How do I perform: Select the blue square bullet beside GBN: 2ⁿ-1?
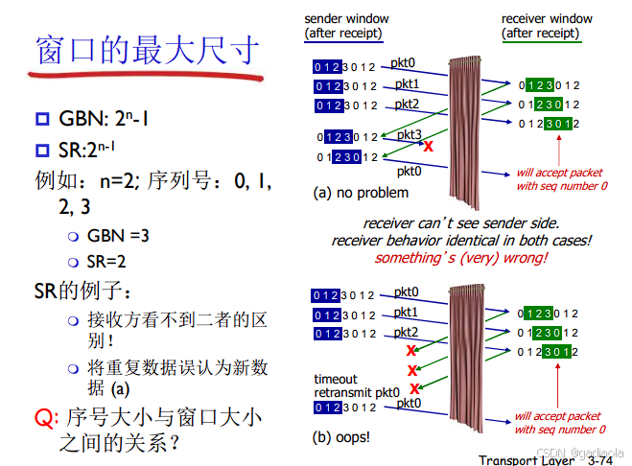click(41, 120)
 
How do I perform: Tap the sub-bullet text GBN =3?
click(118, 235)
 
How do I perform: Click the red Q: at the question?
click(45, 417)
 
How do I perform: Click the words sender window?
click(345, 19)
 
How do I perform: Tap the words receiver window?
click(547, 19)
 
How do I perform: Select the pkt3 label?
click(410, 135)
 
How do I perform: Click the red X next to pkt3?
click(429, 147)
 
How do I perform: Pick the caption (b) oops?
click(341, 437)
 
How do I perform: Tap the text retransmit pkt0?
click(354, 392)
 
